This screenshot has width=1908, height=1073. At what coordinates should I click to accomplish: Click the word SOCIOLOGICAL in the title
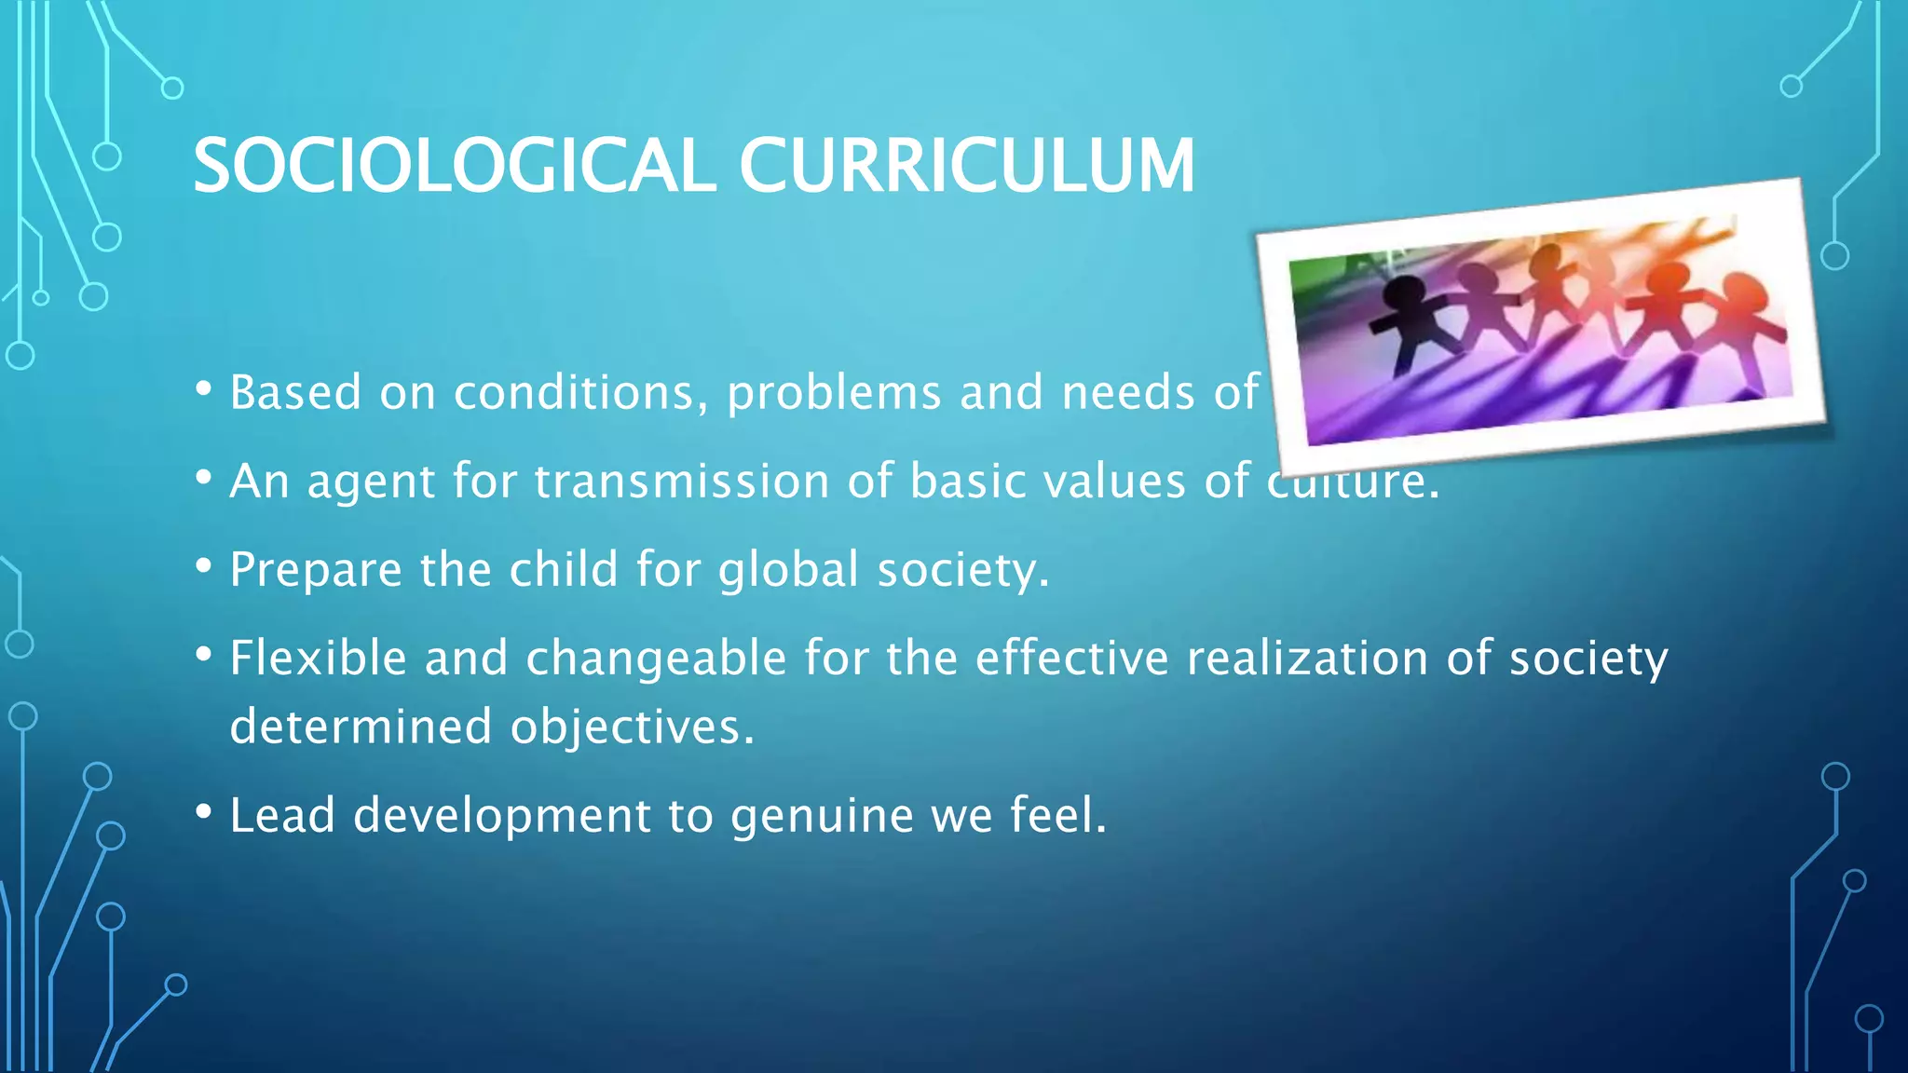point(454,166)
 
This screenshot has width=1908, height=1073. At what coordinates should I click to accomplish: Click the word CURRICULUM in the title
point(966,166)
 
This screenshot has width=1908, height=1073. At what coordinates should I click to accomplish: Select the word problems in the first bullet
point(834,392)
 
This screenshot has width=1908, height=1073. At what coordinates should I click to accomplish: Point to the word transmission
point(681,482)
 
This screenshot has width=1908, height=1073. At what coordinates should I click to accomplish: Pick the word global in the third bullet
point(788,569)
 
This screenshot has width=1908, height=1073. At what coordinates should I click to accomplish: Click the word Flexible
point(318,658)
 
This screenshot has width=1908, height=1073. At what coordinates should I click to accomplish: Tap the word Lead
point(281,815)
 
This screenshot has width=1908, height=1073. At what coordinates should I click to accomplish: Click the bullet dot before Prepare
point(204,564)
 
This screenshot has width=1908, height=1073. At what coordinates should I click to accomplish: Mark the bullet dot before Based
point(204,388)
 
